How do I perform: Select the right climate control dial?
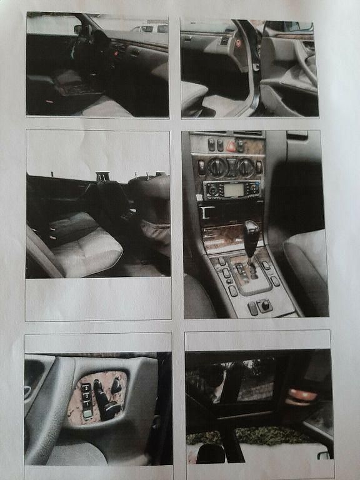click(x=246, y=167)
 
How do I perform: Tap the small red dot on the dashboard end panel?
click(x=238, y=44)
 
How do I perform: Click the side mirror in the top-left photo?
click(x=77, y=29)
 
